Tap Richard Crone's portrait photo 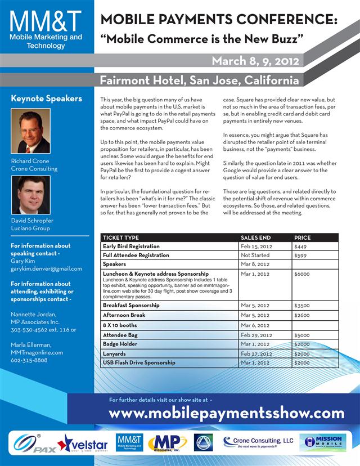click(31, 131)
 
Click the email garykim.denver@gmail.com click(46, 268)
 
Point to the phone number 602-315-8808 click(30, 360)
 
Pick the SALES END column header click(255, 238)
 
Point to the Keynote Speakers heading click(47, 98)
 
